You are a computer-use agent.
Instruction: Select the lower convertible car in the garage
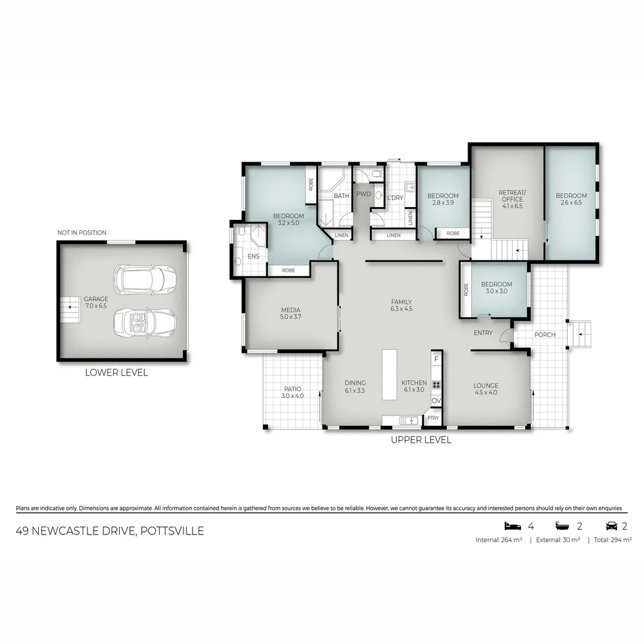point(145,322)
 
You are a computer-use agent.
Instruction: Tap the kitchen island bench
point(389,374)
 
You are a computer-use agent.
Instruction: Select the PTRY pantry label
point(433,418)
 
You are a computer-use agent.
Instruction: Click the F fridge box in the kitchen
point(436,359)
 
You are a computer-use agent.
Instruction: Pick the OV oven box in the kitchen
point(436,401)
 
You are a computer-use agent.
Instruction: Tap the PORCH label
point(544,335)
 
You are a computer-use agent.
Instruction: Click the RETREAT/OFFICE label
point(512,196)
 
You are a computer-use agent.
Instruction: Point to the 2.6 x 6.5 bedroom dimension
point(571,203)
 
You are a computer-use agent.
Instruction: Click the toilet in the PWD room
point(376,174)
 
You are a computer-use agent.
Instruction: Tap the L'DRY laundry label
point(395,197)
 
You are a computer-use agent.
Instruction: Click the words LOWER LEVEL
point(116,373)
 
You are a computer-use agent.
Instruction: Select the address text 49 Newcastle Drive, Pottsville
point(110,531)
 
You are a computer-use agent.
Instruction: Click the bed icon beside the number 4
point(512,526)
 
